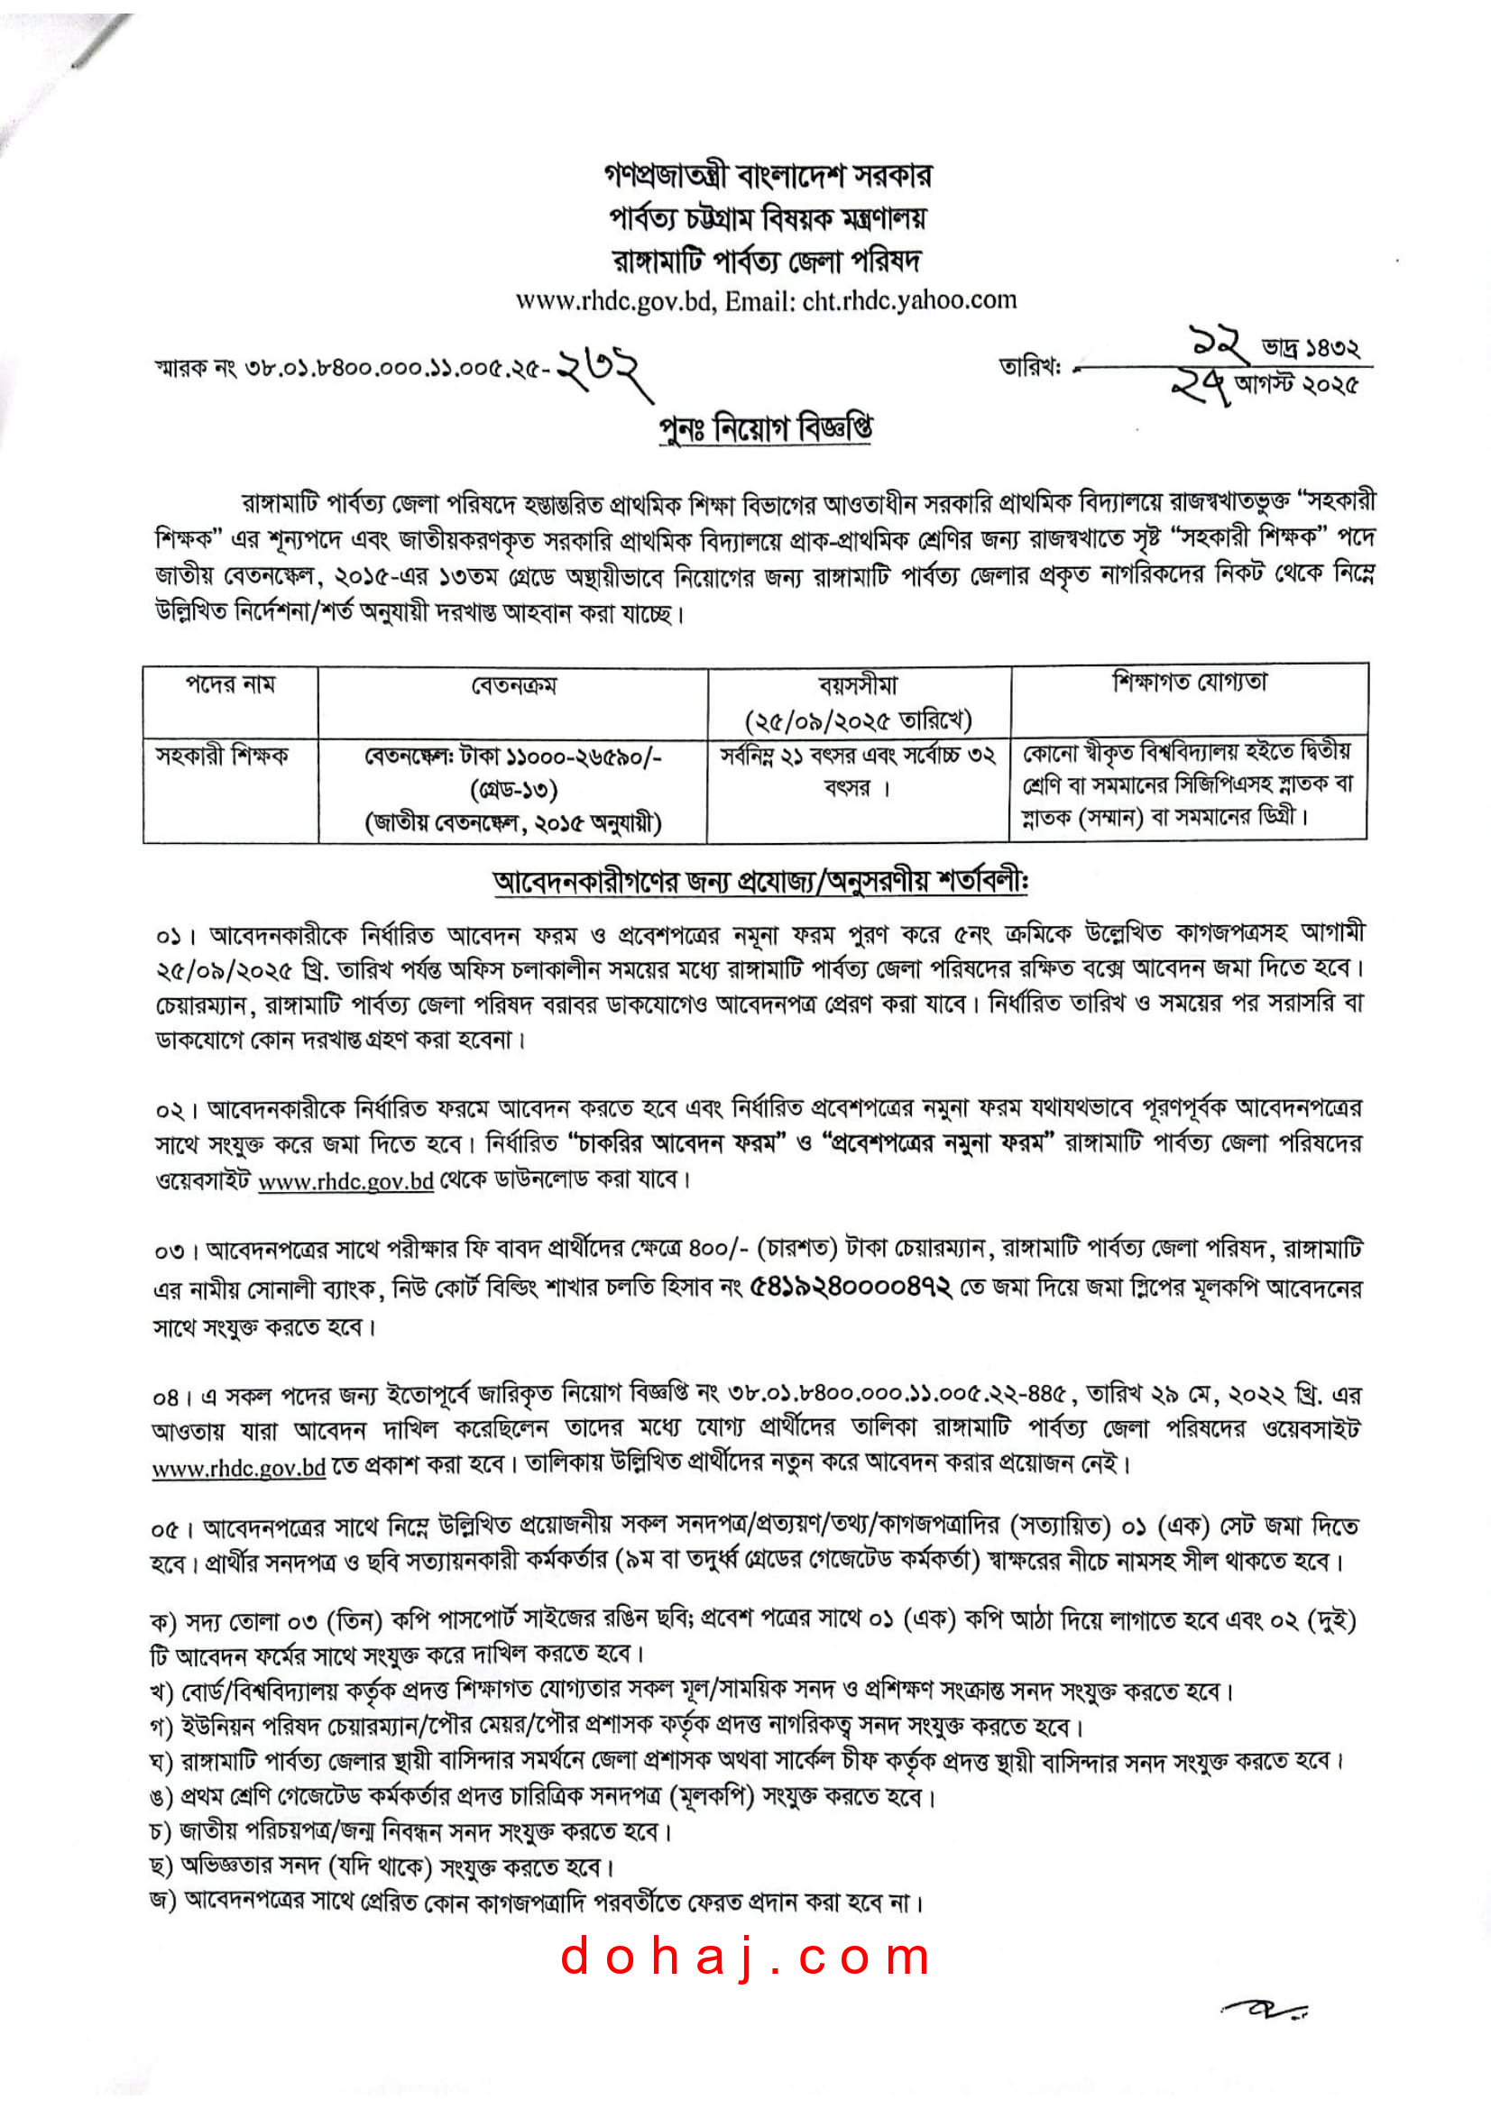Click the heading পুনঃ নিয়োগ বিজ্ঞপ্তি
pyautogui.click(x=765, y=428)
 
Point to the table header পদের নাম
pyautogui.click(x=230, y=684)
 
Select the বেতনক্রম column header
pyautogui.click(x=513, y=685)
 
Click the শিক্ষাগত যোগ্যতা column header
pyautogui.click(x=1190, y=682)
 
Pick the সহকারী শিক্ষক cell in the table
pyautogui.click(x=221, y=755)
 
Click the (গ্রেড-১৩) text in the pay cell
pyautogui.click(x=513, y=789)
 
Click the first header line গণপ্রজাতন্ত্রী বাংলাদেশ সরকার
pyautogui.click(x=768, y=175)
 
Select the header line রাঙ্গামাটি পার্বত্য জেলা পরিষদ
pyautogui.click(x=768, y=261)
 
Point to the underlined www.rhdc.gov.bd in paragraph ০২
pyautogui.click(x=345, y=1180)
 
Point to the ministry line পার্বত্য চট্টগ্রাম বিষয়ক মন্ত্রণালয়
pyautogui.click(x=768, y=217)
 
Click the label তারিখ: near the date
pyautogui.click(x=1030, y=367)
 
